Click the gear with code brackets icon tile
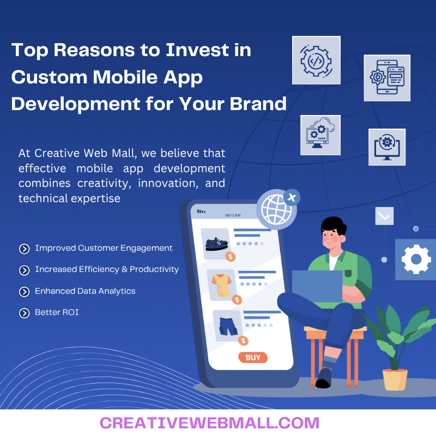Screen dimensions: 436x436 (x=316, y=60)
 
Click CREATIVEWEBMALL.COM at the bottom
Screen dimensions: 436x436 (x=209, y=423)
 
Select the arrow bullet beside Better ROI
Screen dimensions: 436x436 (x=24, y=313)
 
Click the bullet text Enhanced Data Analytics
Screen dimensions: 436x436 (x=85, y=291)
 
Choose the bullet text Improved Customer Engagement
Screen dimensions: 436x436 (x=104, y=248)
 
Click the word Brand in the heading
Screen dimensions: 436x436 (x=258, y=103)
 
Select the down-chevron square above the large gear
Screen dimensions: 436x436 (x=384, y=216)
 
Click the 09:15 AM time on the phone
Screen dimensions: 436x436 (x=233, y=215)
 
